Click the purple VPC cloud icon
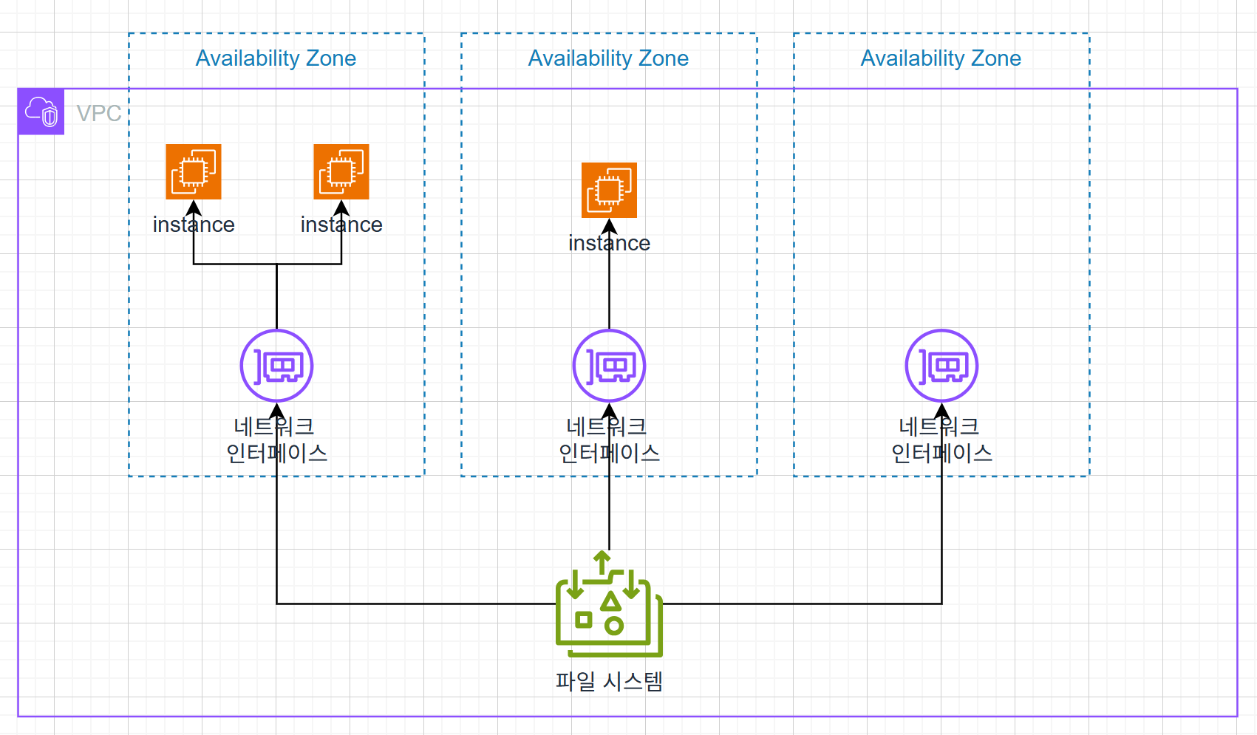point(41,112)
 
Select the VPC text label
point(99,113)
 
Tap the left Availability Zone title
point(276,58)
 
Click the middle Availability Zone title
point(608,58)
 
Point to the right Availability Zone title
point(941,58)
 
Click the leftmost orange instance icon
point(194,171)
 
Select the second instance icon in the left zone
point(341,171)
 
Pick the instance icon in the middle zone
point(610,190)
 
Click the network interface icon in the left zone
point(276,366)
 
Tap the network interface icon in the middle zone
point(610,366)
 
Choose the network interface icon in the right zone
point(941,366)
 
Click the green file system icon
point(610,604)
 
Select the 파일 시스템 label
point(610,681)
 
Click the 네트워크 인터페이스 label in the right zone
point(941,440)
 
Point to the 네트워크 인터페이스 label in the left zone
point(276,440)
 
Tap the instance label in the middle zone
point(610,243)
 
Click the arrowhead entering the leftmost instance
point(194,208)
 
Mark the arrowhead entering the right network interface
point(941,411)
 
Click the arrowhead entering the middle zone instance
point(610,226)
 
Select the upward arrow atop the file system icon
point(602,563)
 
